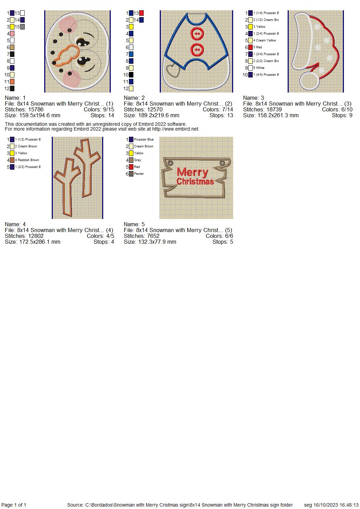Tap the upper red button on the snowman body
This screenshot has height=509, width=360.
[x=197, y=34]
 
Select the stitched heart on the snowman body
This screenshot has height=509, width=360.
[x=173, y=71]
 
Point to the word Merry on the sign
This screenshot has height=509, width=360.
[x=192, y=172]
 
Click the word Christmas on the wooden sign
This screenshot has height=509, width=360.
[x=195, y=182]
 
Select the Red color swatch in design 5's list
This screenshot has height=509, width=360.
[x=131, y=167]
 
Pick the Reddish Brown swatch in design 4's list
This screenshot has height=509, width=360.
[x=12, y=160]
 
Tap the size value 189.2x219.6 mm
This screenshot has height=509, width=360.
[x=159, y=116]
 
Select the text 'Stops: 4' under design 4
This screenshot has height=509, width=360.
[x=104, y=242]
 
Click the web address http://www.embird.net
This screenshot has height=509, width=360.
[x=175, y=129]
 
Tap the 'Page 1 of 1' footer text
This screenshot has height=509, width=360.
[x=14, y=505]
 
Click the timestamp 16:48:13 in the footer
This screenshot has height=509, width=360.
[x=349, y=505]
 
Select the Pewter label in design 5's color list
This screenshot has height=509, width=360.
[x=139, y=174]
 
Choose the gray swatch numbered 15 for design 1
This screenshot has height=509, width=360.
[x=22, y=27]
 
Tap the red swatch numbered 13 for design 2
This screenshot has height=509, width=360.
[x=141, y=13]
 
